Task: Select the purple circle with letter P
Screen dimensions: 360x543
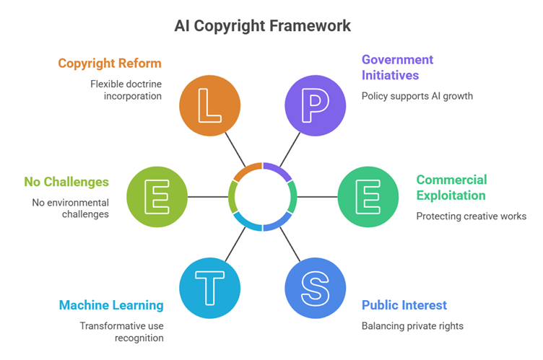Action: click(x=316, y=105)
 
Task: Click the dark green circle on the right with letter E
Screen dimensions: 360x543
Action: click(x=368, y=196)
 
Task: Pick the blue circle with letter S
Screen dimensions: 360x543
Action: click(x=316, y=287)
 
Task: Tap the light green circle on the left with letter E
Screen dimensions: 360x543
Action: click(x=157, y=196)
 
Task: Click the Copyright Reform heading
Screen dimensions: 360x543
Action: click(x=110, y=63)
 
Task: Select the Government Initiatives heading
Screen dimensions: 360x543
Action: click(x=397, y=67)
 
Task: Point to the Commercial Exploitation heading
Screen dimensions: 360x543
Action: click(x=451, y=188)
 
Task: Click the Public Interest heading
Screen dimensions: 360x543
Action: click(x=404, y=305)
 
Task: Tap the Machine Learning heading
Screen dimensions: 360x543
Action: click(x=111, y=305)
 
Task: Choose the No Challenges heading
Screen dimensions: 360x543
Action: click(x=66, y=182)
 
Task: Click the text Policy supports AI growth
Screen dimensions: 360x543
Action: click(x=417, y=96)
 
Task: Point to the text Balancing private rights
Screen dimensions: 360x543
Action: click(x=412, y=326)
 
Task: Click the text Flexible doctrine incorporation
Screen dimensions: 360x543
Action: click(x=126, y=89)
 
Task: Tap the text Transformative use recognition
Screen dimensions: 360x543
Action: click(x=121, y=332)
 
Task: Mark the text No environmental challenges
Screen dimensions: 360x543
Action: click(x=70, y=208)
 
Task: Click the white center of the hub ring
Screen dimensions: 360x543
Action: click(x=263, y=196)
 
